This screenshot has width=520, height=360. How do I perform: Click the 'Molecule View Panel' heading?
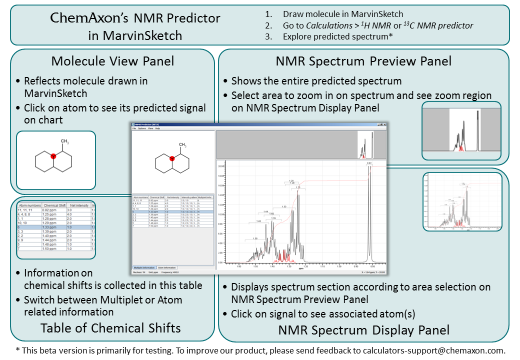point(112,61)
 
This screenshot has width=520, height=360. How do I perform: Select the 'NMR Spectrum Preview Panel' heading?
point(363,61)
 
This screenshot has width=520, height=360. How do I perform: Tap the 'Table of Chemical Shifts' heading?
point(110,328)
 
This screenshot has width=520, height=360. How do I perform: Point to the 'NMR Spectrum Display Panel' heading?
point(363,330)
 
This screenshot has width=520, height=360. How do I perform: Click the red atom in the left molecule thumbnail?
point(53,156)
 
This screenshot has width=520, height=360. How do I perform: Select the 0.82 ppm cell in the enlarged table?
point(52,210)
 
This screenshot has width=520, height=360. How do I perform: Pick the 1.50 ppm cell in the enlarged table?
point(52,248)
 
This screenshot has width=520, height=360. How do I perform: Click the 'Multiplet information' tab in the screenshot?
point(144,267)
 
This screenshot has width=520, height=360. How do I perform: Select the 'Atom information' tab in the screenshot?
point(166,267)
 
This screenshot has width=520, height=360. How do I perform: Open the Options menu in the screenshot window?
point(141,128)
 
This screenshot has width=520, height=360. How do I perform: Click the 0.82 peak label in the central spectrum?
point(369,163)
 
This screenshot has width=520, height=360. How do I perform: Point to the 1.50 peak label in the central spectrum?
point(255,238)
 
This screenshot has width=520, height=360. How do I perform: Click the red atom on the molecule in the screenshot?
point(172,158)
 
